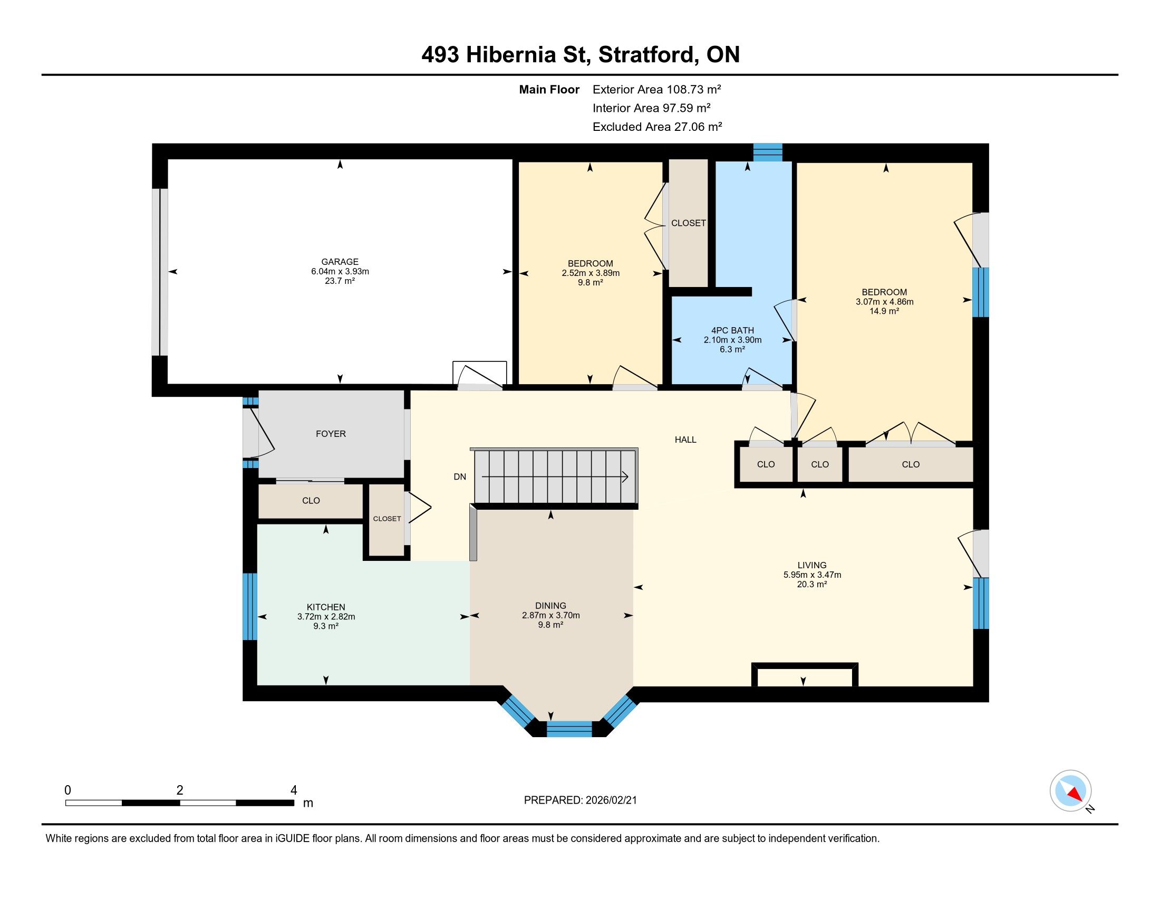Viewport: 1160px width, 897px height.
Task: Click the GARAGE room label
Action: point(340,261)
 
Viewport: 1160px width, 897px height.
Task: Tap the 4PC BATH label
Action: point(732,330)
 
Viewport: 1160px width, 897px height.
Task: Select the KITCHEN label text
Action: point(326,607)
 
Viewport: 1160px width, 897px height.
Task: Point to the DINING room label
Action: point(551,606)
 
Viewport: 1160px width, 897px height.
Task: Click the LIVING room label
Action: point(812,565)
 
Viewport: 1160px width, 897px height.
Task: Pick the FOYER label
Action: point(331,434)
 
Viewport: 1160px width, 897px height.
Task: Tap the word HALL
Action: point(685,440)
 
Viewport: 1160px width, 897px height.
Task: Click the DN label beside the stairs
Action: point(460,476)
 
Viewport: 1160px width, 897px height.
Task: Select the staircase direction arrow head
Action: point(626,476)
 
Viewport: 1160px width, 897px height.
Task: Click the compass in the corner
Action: point(1071,791)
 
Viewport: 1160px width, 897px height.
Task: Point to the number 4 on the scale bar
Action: point(294,790)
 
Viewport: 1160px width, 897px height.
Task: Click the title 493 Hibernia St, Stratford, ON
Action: point(581,55)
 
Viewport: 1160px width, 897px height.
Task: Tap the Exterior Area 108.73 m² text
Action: point(657,89)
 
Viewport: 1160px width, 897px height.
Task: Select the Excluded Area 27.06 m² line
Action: point(658,127)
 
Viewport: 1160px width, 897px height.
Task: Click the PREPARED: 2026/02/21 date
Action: point(581,800)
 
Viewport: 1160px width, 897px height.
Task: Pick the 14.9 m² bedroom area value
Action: point(884,311)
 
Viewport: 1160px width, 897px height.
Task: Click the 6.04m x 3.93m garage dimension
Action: point(340,271)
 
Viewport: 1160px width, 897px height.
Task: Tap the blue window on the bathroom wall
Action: point(768,152)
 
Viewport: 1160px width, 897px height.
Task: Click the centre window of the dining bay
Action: point(569,729)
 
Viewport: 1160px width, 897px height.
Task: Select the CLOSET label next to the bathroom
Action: point(688,223)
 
